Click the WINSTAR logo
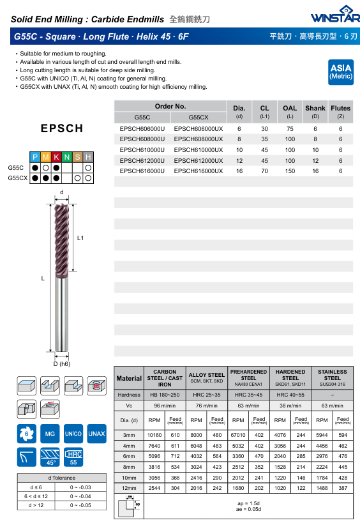335,15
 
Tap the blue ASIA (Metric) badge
341,72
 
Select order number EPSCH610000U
142,150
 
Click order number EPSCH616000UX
199,171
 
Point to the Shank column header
315,108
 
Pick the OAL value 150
290,171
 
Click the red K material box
56,156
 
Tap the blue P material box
35,156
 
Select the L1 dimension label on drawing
80,238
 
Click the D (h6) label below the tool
61,364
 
